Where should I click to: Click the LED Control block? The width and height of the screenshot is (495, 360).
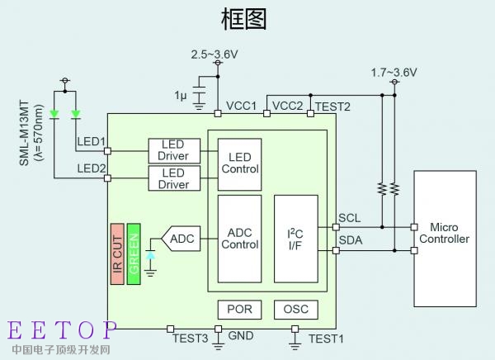point(239,163)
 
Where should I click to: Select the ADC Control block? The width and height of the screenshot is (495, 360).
point(239,239)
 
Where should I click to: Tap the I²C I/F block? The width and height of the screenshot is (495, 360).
point(295,239)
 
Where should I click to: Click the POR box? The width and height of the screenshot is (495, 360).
point(239,310)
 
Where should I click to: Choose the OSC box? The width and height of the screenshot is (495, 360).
point(295,310)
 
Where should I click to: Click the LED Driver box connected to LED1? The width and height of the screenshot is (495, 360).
point(172,149)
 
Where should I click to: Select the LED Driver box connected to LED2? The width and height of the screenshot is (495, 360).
point(172,178)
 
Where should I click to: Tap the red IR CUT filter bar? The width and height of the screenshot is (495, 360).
point(117,253)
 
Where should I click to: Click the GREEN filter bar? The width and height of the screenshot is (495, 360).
point(134,253)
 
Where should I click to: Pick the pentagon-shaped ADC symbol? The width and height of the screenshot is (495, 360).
point(179,239)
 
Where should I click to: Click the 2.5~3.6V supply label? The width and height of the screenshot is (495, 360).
point(214,54)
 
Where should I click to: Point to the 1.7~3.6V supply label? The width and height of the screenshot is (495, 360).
point(394,73)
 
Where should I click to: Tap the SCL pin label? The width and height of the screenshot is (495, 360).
point(350,220)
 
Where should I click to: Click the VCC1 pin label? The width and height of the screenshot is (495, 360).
point(242,106)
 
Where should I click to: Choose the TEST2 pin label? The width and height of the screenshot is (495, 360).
point(332,106)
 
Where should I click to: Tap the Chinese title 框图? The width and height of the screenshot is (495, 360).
point(246,18)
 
